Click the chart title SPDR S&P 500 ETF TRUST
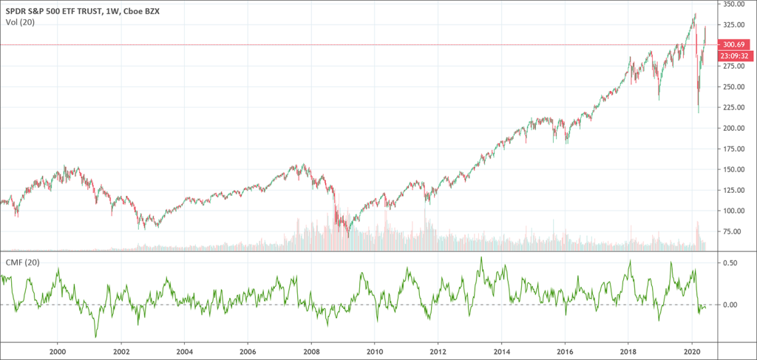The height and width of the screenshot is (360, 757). pyautogui.click(x=56, y=10)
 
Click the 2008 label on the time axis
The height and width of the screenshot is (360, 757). pyautogui.click(x=312, y=353)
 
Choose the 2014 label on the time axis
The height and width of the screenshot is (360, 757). pyautogui.click(x=502, y=353)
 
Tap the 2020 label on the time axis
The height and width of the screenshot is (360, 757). pyautogui.click(x=693, y=353)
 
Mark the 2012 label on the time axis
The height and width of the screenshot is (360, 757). pyautogui.click(x=438, y=353)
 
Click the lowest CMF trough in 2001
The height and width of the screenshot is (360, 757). pyautogui.click(x=95, y=337)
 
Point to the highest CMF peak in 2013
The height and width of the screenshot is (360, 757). pyautogui.click(x=481, y=257)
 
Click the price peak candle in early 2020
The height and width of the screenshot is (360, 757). pyautogui.click(x=695, y=14)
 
